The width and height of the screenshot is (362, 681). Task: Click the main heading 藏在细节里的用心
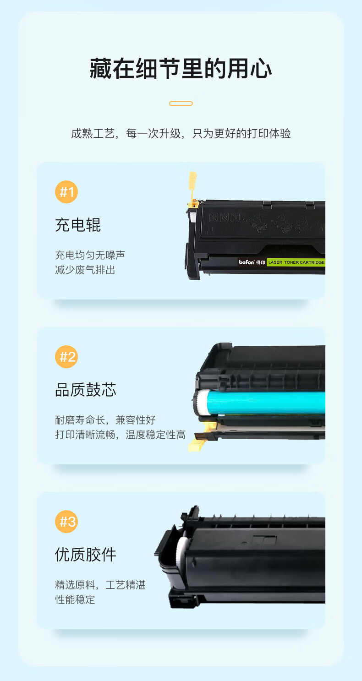point(181,68)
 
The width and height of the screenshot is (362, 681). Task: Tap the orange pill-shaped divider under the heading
point(181,104)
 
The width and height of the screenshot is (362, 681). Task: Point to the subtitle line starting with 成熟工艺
point(181,133)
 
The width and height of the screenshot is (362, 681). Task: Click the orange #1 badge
point(66,192)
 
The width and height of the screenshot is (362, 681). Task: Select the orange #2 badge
point(66,357)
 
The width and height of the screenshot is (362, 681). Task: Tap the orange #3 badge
point(66,521)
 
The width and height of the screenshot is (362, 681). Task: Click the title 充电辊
point(78,225)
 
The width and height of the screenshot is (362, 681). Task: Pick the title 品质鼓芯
point(86,390)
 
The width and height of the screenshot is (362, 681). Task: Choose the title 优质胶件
point(86,555)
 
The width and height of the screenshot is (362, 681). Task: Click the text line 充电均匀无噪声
point(90,255)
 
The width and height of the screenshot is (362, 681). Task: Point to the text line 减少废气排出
point(85,270)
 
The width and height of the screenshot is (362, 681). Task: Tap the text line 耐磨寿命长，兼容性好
point(105,420)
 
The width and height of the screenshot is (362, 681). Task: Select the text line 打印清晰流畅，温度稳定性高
point(120,435)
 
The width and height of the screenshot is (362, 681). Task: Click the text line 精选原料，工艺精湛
point(100,585)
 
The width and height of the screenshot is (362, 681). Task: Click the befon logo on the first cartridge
point(247,262)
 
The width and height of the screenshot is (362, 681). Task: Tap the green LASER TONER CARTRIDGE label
point(296,262)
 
